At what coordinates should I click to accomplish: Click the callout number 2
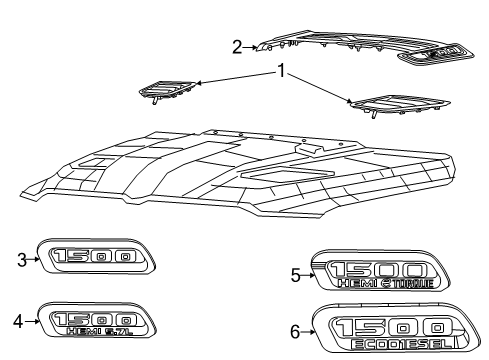tap(237, 46)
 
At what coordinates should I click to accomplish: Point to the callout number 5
tap(295, 274)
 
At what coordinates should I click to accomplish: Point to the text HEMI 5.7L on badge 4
tap(107, 329)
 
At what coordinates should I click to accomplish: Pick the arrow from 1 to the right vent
tap(320, 87)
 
